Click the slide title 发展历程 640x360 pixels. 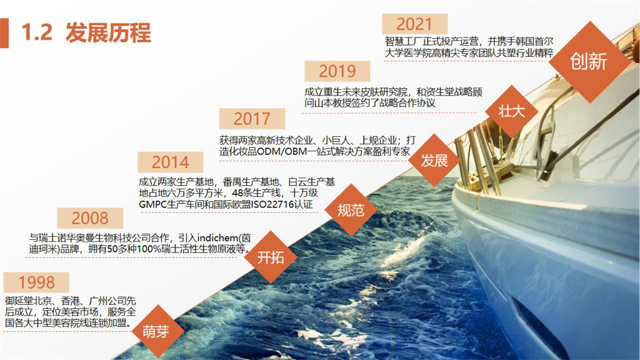[108, 32]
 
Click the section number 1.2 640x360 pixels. [37, 32]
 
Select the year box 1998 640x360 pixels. [36, 282]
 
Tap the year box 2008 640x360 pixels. [90, 218]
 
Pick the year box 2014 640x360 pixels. [170, 162]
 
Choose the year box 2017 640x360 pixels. [252, 119]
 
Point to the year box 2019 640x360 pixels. [337, 71]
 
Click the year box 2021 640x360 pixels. [414, 24]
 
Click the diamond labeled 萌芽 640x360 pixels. [156, 331]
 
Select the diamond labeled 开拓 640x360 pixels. [271, 257]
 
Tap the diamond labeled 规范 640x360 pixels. [351, 210]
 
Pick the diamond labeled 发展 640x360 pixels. [435, 160]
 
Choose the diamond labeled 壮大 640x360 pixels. [511, 111]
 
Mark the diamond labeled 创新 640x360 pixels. [589, 62]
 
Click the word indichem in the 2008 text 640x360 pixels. [217, 238]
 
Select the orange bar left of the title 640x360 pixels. [4, 33]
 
